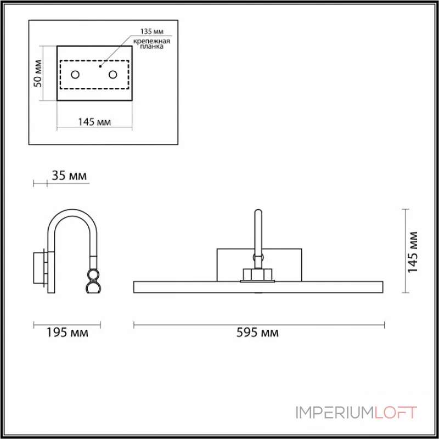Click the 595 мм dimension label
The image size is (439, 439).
coord(257,333)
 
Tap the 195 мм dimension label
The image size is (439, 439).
coord(67,333)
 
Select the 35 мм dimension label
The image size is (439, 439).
coord(69,176)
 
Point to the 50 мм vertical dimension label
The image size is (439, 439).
coord(37,74)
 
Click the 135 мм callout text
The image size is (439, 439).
coord(152,31)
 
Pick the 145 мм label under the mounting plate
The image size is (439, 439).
coord(94,122)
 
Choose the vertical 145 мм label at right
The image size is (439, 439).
coord(413,252)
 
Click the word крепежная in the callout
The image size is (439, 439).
coord(151,42)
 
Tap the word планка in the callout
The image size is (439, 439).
coord(151,47)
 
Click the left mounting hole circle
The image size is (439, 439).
coord(75,75)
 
